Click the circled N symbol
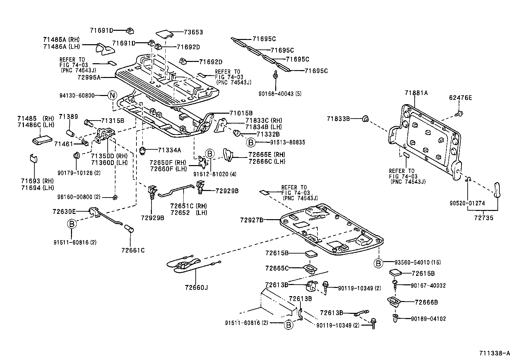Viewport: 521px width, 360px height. [x=112, y=96]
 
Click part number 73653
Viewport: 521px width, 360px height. [x=193, y=32]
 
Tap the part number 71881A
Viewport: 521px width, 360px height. [x=416, y=93]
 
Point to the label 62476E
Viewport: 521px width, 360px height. [x=460, y=98]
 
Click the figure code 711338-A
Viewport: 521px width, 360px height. [x=494, y=353]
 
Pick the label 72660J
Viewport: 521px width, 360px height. [x=196, y=288]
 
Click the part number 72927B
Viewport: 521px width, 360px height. [x=251, y=220]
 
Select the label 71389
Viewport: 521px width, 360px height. [x=68, y=117]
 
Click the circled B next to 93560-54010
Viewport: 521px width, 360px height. [x=378, y=263]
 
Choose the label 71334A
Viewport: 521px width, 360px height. [x=169, y=150]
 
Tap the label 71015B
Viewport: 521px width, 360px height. [x=241, y=113]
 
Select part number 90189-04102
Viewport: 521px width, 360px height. [x=428, y=318]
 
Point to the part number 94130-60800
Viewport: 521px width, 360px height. [x=77, y=96]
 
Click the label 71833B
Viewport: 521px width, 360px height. [x=338, y=119]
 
